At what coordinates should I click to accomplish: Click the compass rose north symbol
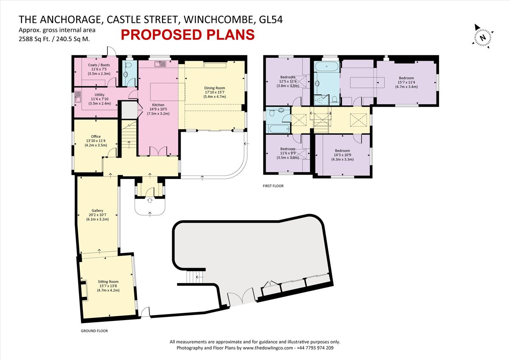tap(482, 37)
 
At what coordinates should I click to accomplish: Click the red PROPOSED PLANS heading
tap(187, 34)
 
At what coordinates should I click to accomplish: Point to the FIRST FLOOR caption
tap(273, 186)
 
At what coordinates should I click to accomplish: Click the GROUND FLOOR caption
tap(94, 330)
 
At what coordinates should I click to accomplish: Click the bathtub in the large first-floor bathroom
tap(327, 66)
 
